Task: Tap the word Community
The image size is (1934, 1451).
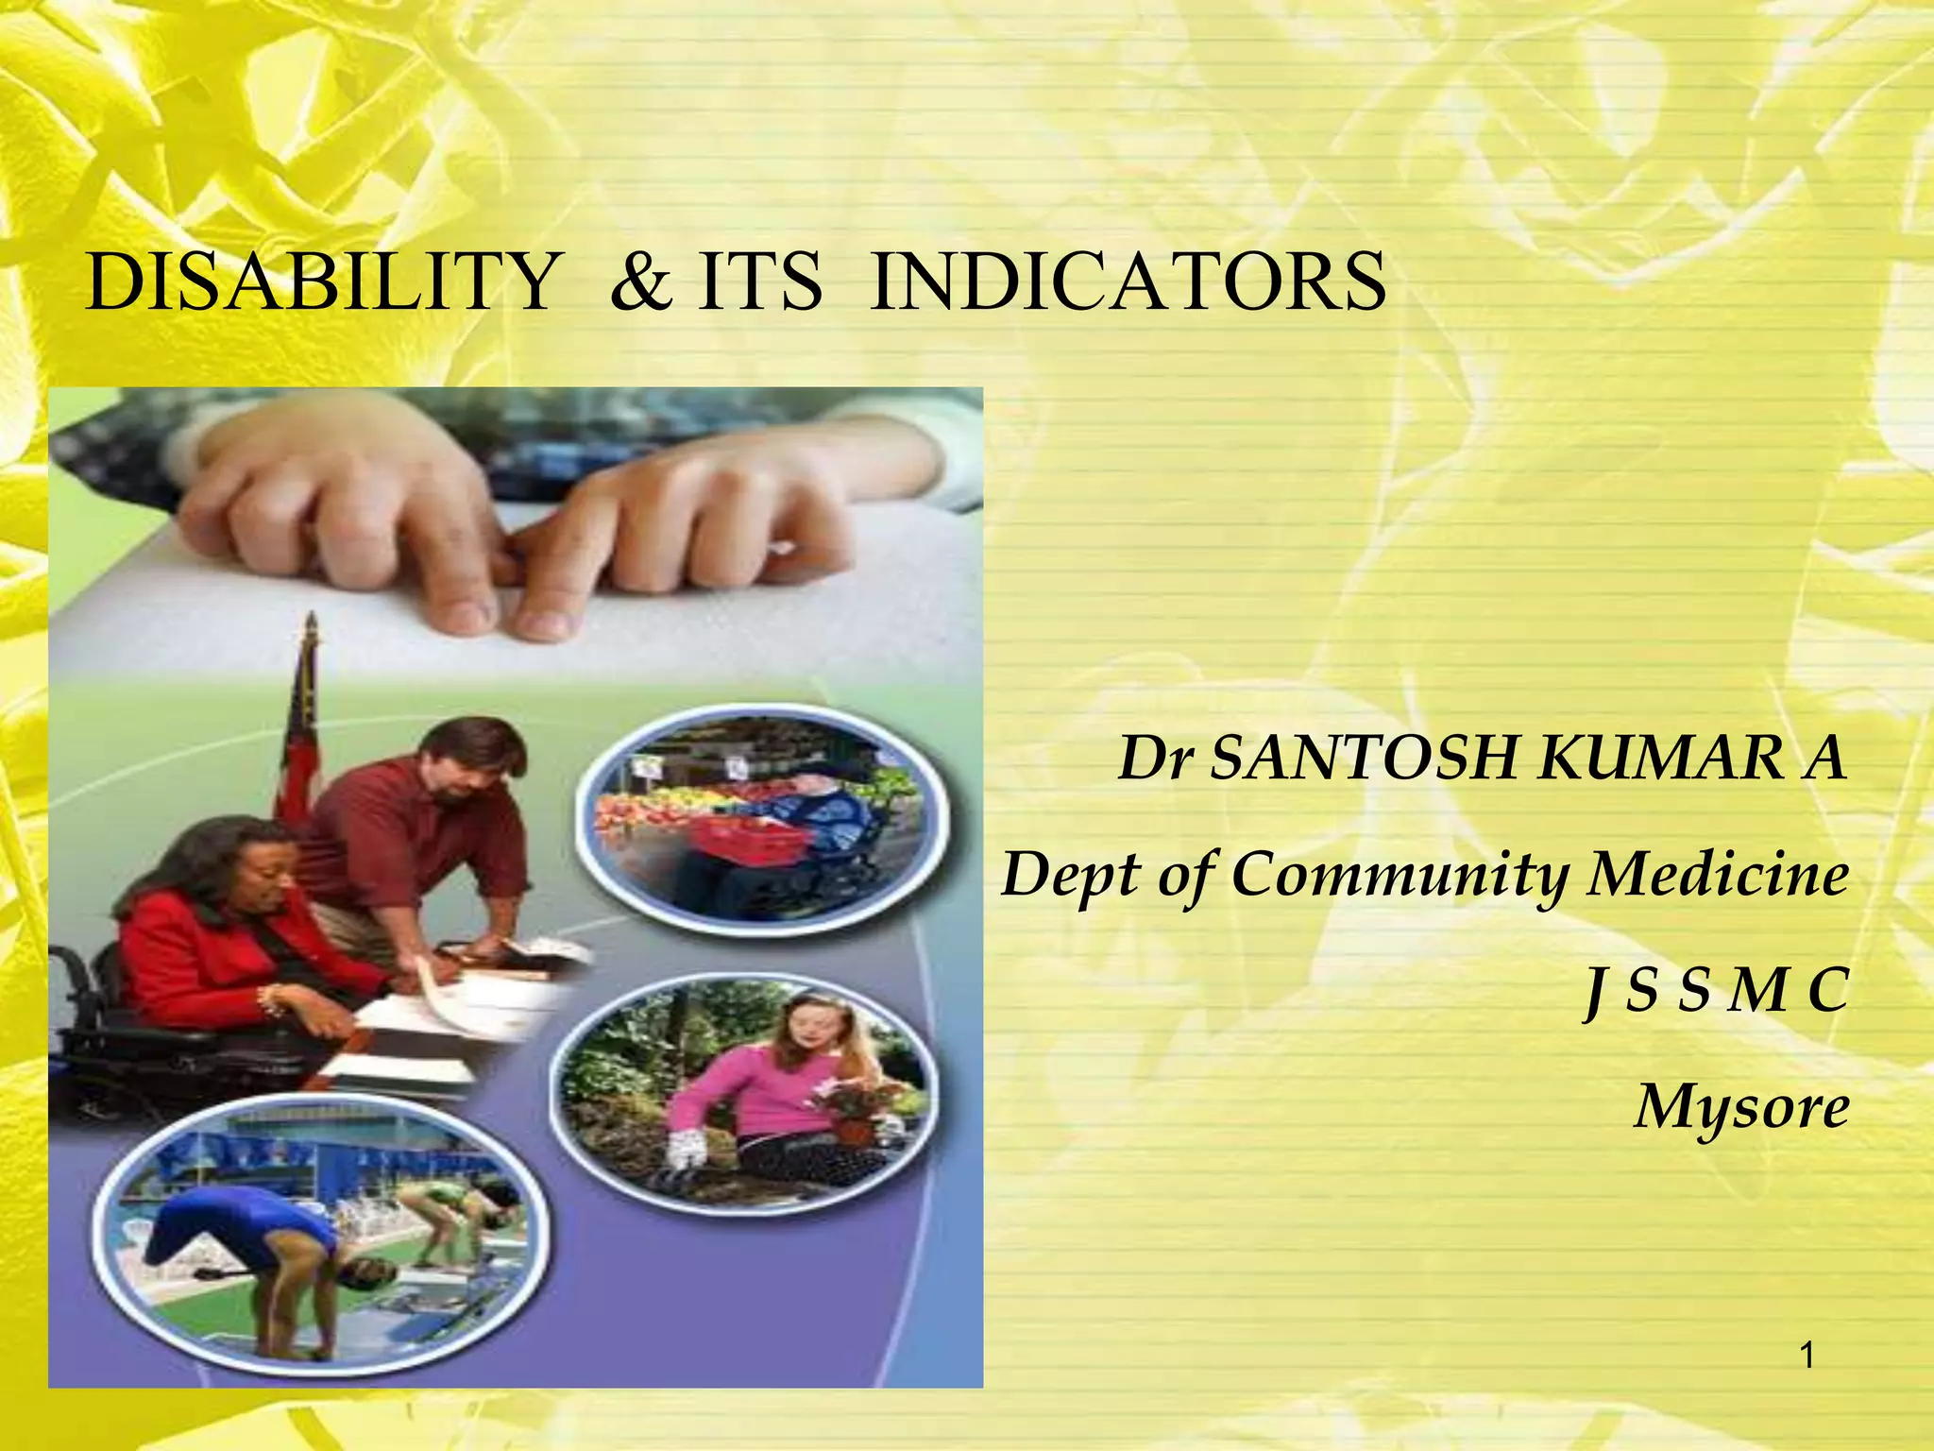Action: [x=1399, y=875]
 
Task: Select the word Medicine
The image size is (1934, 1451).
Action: [x=1718, y=875]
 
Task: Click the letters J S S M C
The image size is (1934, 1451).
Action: [x=1715, y=991]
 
